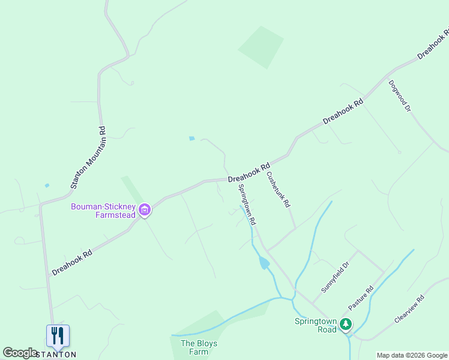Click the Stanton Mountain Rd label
coord(88,157)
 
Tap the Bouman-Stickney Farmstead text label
coord(103,211)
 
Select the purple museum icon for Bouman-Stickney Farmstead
coord(145,210)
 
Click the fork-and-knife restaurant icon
coord(58,335)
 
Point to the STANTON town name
coord(56,355)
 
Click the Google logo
coord(20,353)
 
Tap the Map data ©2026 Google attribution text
coord(412,355)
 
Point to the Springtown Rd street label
coord(247,204)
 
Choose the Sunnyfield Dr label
coord(335,277)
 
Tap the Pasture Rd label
coord(361,298)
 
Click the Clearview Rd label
coord(409,309)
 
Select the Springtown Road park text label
coord(315,325)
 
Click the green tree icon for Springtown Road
coord(345,325)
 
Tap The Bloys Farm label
coord(199,347)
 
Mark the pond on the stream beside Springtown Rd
coord(264,263)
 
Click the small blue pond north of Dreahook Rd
coord(191,139)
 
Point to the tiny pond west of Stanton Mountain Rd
coord(47,185)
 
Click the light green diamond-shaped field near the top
coord(261,47)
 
